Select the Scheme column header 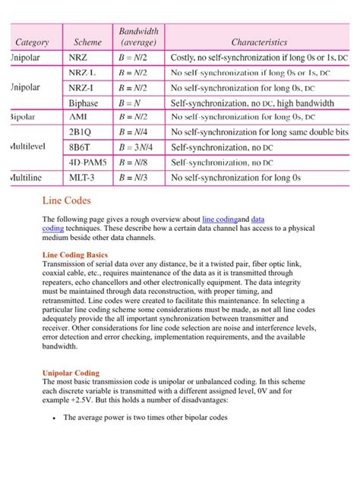tap(87, 43)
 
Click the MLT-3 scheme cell tap(84, 178)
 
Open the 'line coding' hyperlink tap(220, 219)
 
